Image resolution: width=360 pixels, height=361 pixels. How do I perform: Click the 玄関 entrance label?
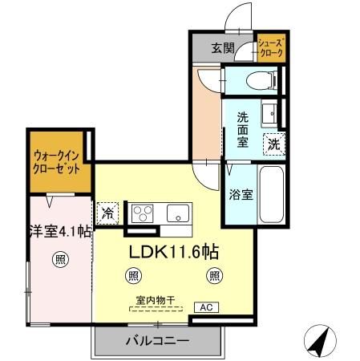coord(223,48)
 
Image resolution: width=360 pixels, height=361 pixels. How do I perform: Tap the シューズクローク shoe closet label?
coord(270,48)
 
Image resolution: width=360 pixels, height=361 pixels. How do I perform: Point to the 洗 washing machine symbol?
coord(274,145)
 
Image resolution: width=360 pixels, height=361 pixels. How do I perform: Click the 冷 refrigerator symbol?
coord(107,214)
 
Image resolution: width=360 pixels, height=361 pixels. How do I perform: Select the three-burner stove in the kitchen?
coord(143,213)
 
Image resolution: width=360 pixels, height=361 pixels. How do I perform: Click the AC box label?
coord(205,307)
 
